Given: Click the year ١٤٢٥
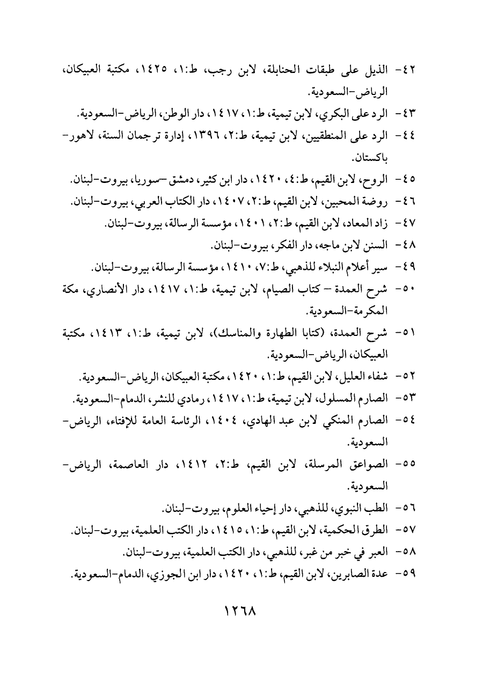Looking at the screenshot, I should (152, 70).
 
